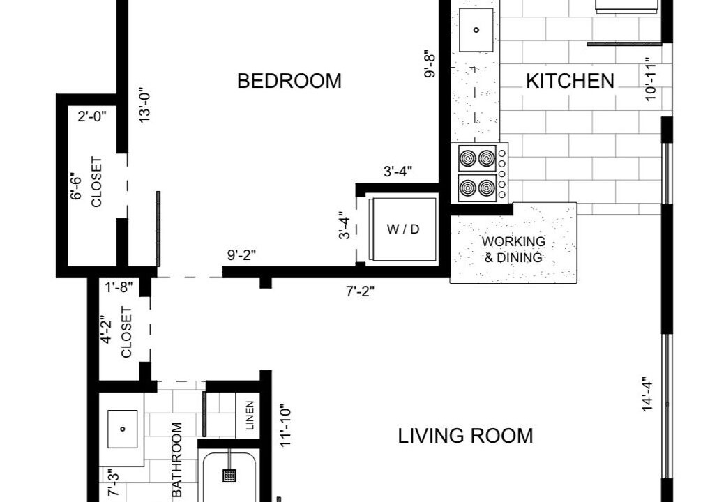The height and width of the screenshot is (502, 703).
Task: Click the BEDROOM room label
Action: click(x=289, y=81)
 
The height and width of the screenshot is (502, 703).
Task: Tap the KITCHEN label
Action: click(x=570, y=81)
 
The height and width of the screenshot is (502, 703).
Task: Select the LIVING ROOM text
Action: click(x=466, y=436)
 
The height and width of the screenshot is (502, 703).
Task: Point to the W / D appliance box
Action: click(x=402, y=229)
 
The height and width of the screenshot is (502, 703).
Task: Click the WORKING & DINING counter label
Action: click(x=514, y=250)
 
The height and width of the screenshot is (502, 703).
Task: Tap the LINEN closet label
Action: click(x=250, y=415)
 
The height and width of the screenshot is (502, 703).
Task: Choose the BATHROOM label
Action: click(x=177, y=460)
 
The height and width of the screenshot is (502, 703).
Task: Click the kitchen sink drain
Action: click(x=476, y=30)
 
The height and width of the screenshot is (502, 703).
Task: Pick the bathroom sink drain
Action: click(x=123, y=429)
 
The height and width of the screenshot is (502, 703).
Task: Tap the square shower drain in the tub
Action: click(x=229, y=476)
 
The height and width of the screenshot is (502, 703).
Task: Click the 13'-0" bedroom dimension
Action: click(x=144, y=105)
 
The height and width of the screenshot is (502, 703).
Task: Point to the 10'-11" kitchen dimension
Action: click(x=651, y=79)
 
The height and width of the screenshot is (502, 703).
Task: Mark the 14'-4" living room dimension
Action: click(x=647, y=394)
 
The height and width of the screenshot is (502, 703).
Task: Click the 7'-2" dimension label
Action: click(x=360, y=291)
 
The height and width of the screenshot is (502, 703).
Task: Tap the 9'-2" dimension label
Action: click(x=241, y=255)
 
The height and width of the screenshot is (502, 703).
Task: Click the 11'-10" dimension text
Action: click(x=286, y=426)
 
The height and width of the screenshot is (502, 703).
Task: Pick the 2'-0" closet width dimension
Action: click(x=92, y=116)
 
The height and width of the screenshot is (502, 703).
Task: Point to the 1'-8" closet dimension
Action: click(x=119, y=287)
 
